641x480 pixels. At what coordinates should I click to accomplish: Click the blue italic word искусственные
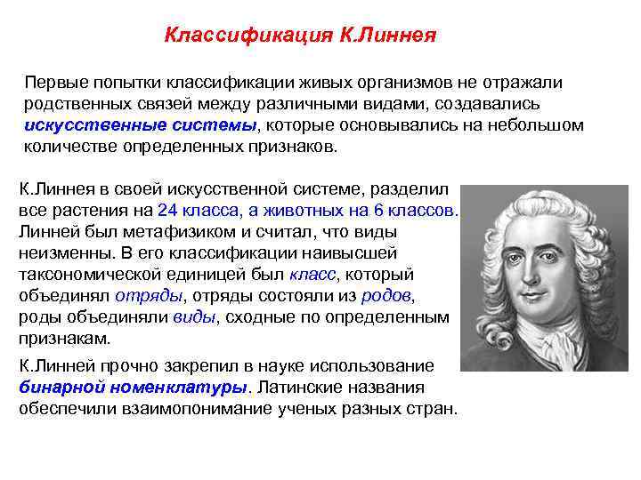pyautogui.click(x=85, y=125)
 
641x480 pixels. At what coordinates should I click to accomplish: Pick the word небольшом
pyautogui.click(x=540, y=125)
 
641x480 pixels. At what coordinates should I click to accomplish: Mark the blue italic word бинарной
pyautogui.click(x=58, y=388)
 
